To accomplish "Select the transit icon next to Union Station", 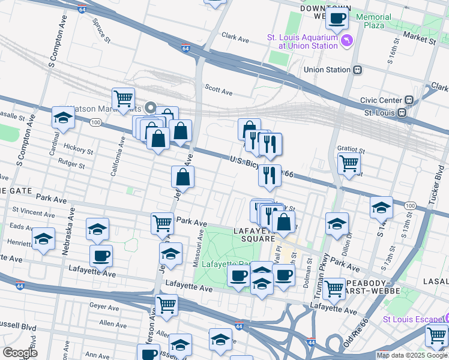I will click(x=357, y=70).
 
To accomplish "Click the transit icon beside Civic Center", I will click(x=409, y=100).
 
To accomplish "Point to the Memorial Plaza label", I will click(x=373, y=22).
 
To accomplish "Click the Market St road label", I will click(x=419, y=40).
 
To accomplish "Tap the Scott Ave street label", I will click(x=218, y=88).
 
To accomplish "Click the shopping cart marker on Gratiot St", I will click(x=349, y=163).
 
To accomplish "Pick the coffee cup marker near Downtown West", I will click(x=337, y=19).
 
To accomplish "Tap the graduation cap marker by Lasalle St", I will click(x=62, y=119).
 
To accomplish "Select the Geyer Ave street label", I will click(x=105, y=307).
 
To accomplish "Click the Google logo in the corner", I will click(x=20, y=352).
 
